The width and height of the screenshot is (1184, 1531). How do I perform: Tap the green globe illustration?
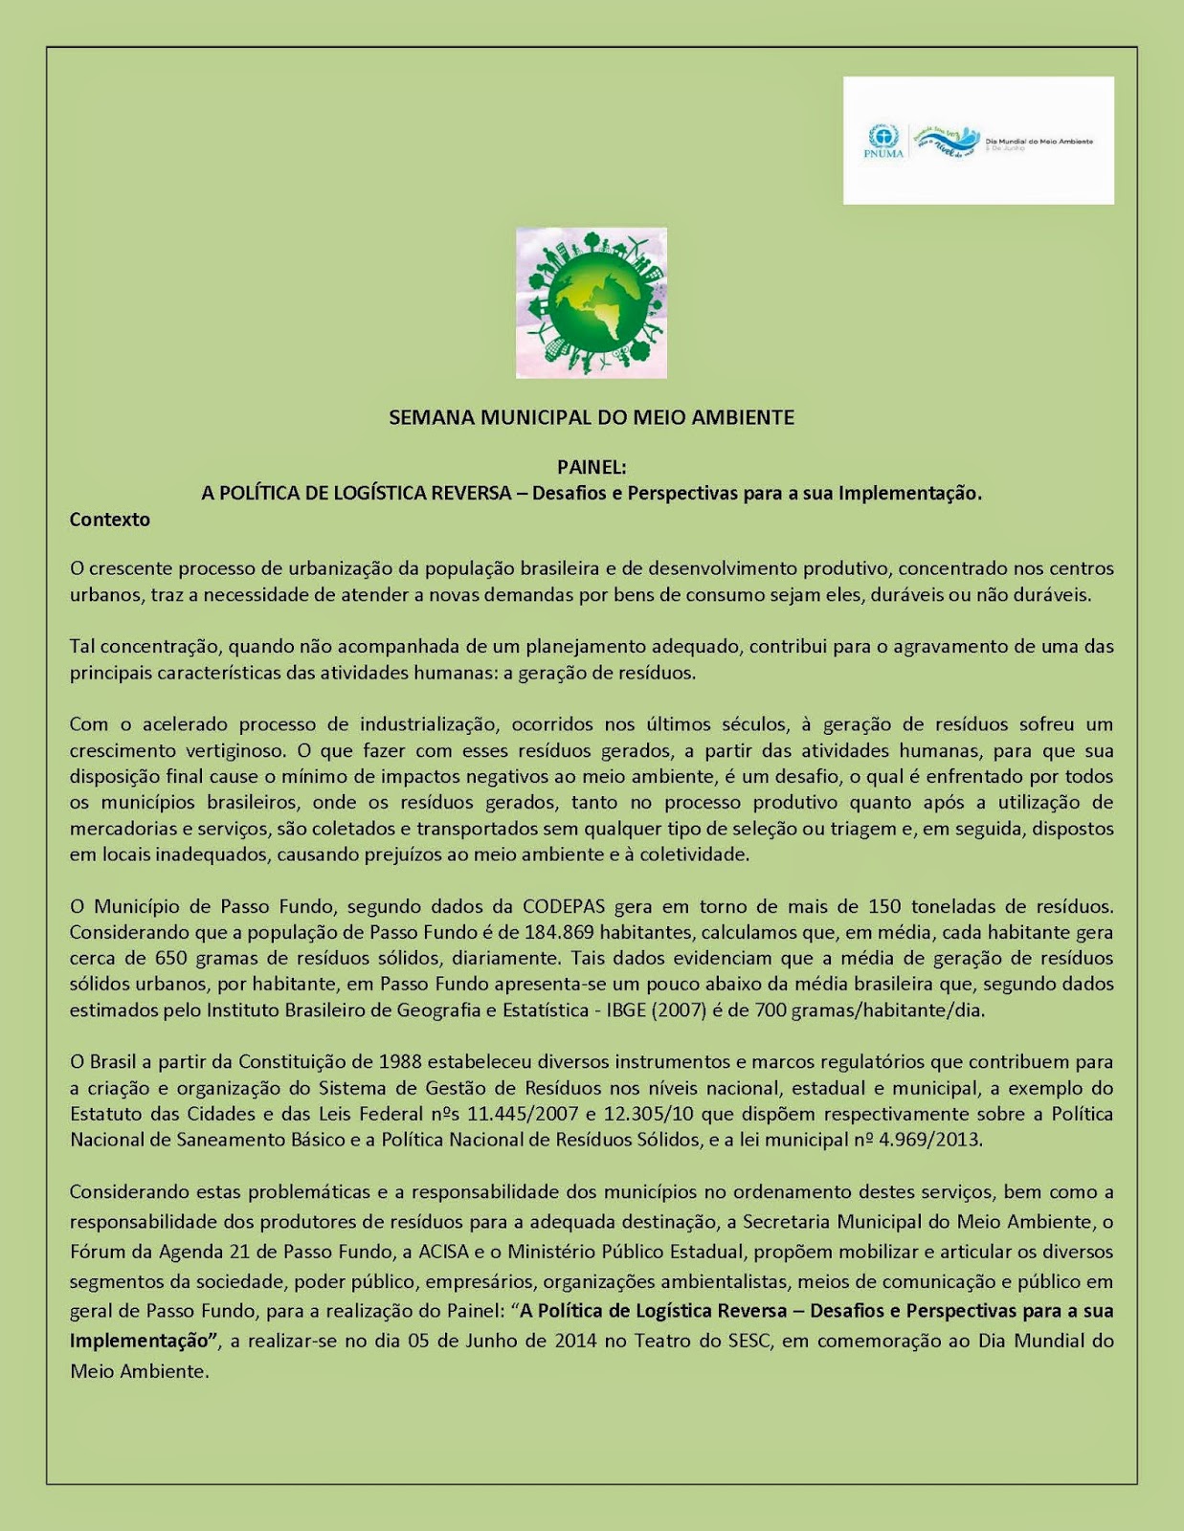coord(592,302)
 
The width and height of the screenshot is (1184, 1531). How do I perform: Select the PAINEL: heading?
coord(592,468)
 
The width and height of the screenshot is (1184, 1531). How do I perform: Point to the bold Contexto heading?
coord(110,520)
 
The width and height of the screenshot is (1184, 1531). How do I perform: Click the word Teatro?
coord(663,1340)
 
